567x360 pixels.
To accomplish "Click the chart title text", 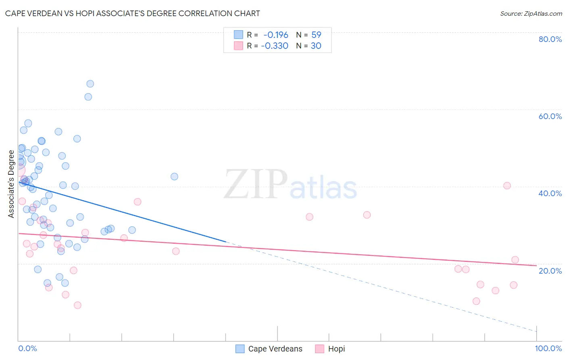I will (132, 13).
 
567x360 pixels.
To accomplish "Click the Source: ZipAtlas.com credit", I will (531, 13).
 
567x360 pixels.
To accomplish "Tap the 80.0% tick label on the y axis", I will (550, 39).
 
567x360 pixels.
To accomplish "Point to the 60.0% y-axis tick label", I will (550, 116).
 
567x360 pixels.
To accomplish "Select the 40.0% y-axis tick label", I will (550, 193).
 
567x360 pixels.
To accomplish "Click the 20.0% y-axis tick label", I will (550, 270).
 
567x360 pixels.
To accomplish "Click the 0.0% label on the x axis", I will (27, 348).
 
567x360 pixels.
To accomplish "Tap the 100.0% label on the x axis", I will (548, 348).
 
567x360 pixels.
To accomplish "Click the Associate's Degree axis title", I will (11, 184).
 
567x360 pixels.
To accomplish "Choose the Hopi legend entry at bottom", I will (336, 349).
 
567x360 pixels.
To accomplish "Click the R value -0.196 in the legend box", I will (276, 35).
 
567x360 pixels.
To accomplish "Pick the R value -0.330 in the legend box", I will (275, 46).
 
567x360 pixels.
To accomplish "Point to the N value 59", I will (316, 35).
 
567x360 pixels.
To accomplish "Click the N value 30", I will (316, 46).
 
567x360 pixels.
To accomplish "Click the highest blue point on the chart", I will (90, 84).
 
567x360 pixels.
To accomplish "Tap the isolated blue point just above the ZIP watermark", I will (174, 176).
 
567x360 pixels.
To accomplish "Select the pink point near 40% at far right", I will (507, 186).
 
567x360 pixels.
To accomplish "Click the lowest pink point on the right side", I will (476, 301).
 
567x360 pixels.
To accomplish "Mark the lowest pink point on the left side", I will (77, 305).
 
